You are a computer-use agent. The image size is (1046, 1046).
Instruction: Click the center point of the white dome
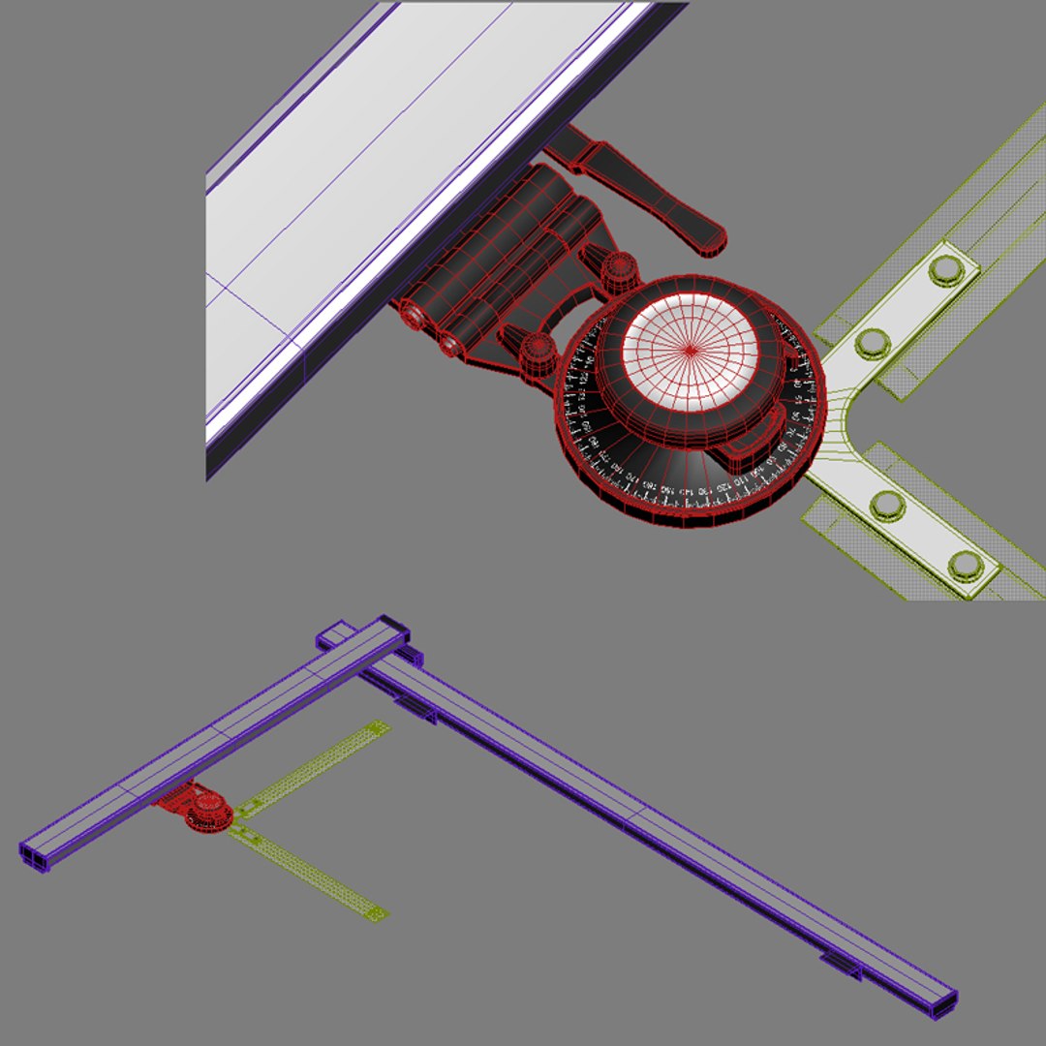tap(690, 349)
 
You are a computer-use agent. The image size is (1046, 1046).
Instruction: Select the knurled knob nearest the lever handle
tap(619, 266)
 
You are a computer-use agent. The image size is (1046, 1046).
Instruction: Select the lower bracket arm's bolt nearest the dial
tap(886, 505)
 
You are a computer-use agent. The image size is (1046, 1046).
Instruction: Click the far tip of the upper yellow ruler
tap(381, 725)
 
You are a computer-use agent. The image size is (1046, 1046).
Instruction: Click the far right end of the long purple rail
tap(944, 1003)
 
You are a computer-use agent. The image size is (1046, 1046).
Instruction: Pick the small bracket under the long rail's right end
tap(841, 965)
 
